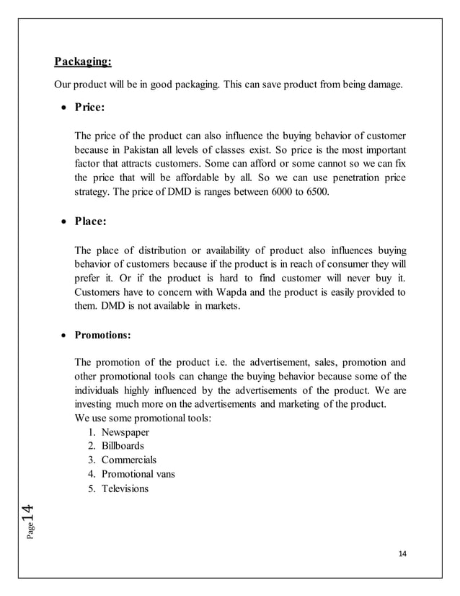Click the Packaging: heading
83,61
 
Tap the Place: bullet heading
90,222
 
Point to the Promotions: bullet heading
102,335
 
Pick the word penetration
342,178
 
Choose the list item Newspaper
125,431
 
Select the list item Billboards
123,446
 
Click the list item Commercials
129,460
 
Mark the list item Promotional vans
138,474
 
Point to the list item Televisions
125,488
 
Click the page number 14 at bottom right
402,554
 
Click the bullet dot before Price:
64,108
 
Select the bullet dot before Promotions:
64,336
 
